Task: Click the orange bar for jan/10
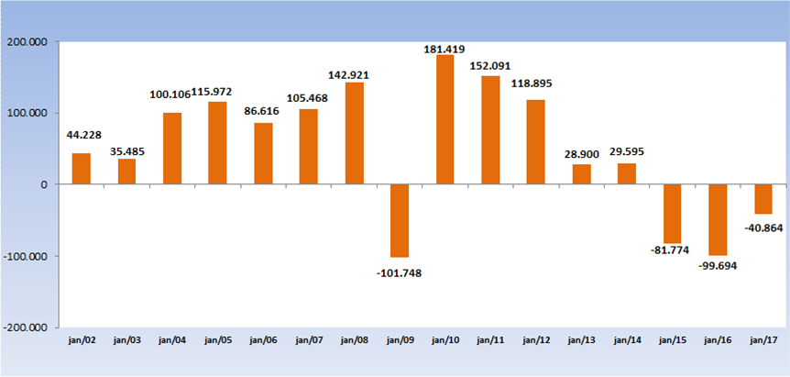pyautogui.click(x=444, y=119)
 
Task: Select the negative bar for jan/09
pyautogui.click(x=400, y=220)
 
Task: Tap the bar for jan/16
pyautogui.click(x=718, y=219)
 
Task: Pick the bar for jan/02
pyautogui.click(x=81, y=169)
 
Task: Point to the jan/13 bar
pyautogui.click(x=581, y=174)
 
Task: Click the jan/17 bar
pyautogui.click(x=763, y=199)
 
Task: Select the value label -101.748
pyautogui.click(x=400, y=272)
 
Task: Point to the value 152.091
pyautogui.click(x=490, y=66)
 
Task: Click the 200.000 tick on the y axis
pyautogui.click(x=27, y=42)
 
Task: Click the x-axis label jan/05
pyautogui.click(x=217, y=340)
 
